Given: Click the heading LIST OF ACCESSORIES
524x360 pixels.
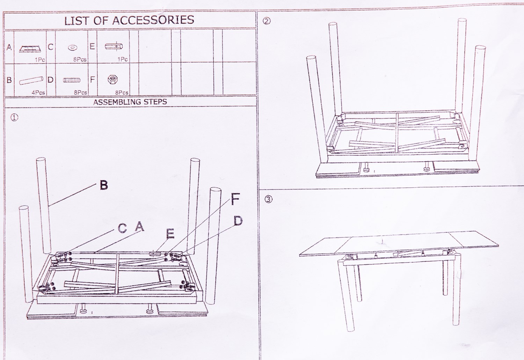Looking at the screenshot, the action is click(x=129, y=20).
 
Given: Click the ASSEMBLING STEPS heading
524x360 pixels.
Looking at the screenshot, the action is click(x=130, y=102).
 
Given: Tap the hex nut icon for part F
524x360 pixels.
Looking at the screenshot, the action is click(x=112, y=80).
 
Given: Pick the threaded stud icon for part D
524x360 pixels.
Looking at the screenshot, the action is click(x=72, y=80).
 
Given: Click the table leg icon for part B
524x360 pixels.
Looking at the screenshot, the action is click(x=31, y=80).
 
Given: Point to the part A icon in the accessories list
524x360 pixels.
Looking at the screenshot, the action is click(x=30, y=49).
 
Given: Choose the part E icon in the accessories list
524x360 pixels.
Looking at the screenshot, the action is click(x=114, y=46).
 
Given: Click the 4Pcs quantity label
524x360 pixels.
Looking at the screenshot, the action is click(x=38, y=93).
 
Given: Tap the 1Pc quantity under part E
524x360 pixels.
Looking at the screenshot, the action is click(x=123, y=60).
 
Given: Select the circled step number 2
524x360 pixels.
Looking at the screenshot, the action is click(x=267, y=22).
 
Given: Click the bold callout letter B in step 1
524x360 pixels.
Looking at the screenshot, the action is click(x=104, y=185).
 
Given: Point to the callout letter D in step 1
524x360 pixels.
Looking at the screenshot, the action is click(x=238, y=221).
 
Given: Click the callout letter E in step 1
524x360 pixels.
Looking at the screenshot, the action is click(x=170, y=234).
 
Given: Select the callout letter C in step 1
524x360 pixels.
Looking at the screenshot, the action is click(x=122, y=228).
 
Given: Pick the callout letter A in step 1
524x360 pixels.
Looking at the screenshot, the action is click(x=139, y=226).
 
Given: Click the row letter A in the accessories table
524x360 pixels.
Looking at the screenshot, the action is click(x=9, y=47).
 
